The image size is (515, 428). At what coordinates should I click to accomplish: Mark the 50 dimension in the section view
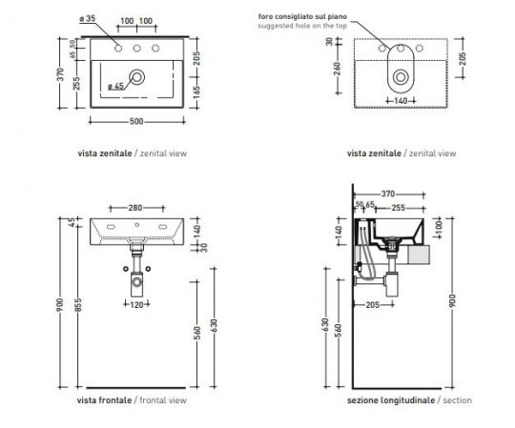tap(359, 204)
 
